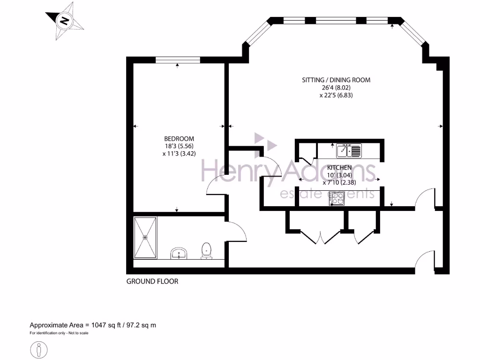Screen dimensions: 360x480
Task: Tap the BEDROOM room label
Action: tap(179, 139)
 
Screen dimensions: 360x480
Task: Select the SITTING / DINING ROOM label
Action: tap(336, 80)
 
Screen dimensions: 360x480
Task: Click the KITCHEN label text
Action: tap(339, 167)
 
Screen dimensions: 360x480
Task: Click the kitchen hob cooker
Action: tap(337, 198)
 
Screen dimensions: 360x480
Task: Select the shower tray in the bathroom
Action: tap(146, 237)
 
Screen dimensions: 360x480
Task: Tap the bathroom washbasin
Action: tap(179, 254)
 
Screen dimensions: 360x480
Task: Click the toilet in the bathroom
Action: tap(206, 251)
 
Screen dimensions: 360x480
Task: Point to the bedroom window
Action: tap(178, 60)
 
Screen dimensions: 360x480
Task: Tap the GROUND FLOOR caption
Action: tap(152, 282)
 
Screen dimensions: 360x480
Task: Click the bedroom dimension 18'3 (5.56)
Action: tap(179, 146)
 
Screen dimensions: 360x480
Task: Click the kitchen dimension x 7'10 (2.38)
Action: tap(342, 182)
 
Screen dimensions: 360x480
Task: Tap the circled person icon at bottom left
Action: tap(39, 349)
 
